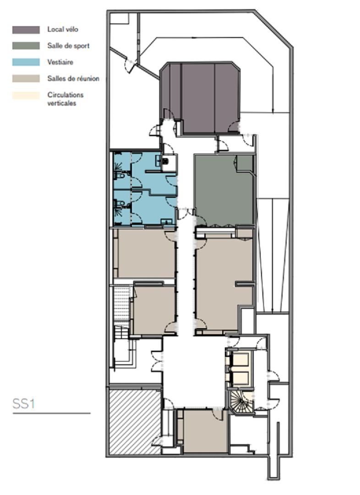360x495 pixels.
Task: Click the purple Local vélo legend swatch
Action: point(26,30)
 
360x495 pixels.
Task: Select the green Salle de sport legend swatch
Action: point(26,46)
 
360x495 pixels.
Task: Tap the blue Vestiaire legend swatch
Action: point(26,62)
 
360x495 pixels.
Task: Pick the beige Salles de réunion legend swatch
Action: point(26,79)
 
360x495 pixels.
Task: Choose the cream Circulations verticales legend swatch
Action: point(26,95)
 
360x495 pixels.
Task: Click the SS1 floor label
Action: point(23,404)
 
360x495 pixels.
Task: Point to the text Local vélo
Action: point(63,29)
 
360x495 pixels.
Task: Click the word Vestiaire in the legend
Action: point(60,62)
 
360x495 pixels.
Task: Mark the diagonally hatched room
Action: point(135,421)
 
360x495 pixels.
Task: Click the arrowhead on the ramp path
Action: point(273,110)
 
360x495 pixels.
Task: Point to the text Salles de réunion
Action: point(73,79)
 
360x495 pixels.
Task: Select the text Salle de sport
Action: point(68,46)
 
